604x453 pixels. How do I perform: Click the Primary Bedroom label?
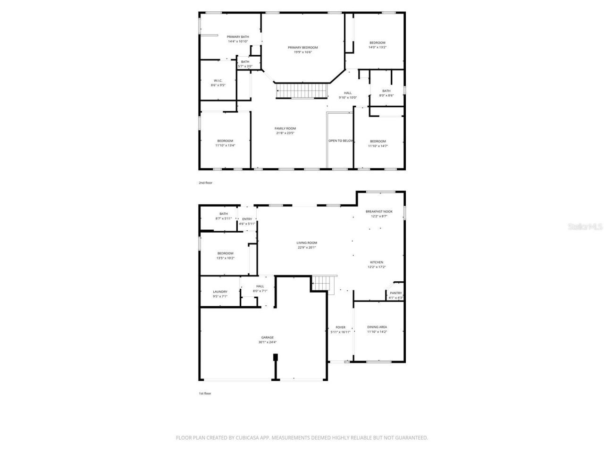(302, 47)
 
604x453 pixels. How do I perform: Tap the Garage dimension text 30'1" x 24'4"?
(267, 342)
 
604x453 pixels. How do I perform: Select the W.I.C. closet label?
(218, 80)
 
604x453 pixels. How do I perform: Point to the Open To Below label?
(341, 141)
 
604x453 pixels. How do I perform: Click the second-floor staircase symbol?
(302, 90)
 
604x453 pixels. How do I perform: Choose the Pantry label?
(395, 293)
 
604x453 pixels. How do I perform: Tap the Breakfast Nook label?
(379, 211)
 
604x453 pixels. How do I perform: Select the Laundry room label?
(220, 292)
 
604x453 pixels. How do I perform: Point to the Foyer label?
(340, 327)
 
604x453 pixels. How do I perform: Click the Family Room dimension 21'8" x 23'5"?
(285, 133)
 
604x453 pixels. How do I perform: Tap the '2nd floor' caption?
(205, 183)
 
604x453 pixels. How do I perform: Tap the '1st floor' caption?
(205, 393)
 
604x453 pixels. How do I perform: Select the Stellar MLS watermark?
(585, 227)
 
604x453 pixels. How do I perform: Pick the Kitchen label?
(377, 262)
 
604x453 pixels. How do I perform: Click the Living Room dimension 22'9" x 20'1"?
(307, 247)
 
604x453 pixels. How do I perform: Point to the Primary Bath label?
(238, 37)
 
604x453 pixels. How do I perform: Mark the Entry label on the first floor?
(247, 219)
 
